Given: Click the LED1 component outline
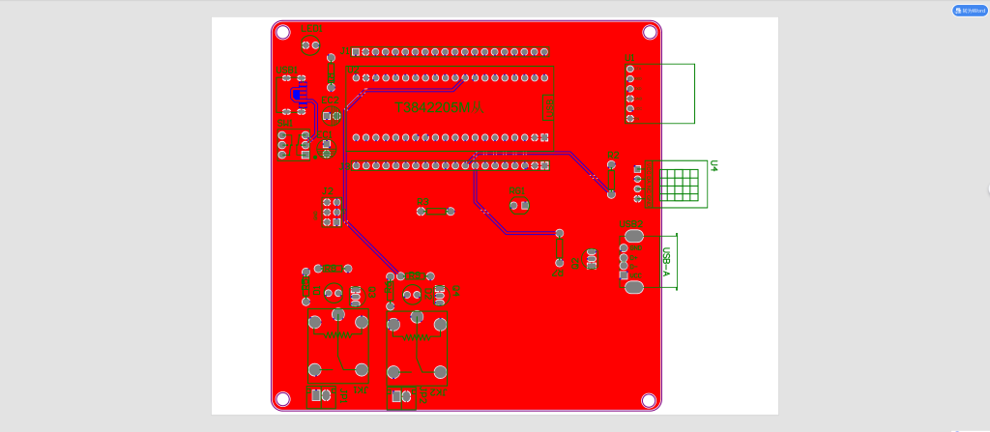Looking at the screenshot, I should (311, 45).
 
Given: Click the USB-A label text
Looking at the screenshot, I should (666, 262).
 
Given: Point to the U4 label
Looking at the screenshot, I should (714, 166).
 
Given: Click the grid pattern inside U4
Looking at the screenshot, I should (681, 184).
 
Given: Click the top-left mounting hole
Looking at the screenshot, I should (283, 33).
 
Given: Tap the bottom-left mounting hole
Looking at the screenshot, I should (282, 398).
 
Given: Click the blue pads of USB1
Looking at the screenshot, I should (298, 94).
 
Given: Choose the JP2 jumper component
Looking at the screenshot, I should (400, 396).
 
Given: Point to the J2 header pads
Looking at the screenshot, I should (331, 212).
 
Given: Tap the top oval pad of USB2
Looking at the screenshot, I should (633, 236).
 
